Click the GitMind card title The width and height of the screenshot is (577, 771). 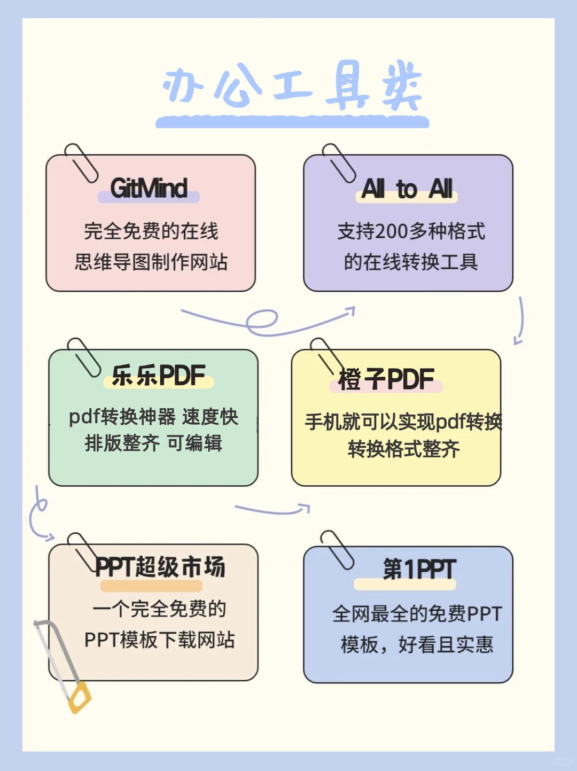click(x=149, y=188)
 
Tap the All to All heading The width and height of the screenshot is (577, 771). click(x=407, y=189)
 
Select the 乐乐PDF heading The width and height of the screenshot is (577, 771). click(x=159, y=375)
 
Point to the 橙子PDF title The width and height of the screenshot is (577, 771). click(x=386, y=379)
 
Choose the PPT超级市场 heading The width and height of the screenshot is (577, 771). click(x=160, y=567)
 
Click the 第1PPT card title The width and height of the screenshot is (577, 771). click(x=419, y=569)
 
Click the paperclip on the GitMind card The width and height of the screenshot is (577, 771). click(x=81, y=163)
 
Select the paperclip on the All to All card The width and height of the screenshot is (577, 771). click(x=339, y=163)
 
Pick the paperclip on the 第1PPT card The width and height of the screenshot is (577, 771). click(x=337, y=550)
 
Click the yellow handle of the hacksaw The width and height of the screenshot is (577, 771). click(x=79, y=697)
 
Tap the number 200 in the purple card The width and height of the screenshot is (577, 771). click(x=392, y=232)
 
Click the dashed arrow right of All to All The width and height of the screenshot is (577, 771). click(x=519, y=321)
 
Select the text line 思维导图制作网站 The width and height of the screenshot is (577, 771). click(x=151, y=262)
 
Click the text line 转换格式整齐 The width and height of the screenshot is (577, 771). click(x=403, y=449)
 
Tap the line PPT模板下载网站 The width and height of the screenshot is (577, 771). click(x=159, y=640)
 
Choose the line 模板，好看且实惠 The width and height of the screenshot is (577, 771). click(x=417, y=645)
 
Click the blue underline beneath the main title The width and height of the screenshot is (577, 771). click(x=292, y=122)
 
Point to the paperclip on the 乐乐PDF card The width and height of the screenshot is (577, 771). click(x=84, y=357)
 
